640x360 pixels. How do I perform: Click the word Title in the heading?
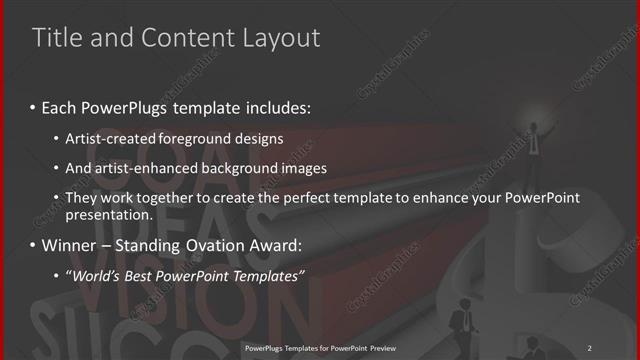point(55,38)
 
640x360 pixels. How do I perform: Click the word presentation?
point(108,214)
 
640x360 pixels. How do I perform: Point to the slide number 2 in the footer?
point(589,348)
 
